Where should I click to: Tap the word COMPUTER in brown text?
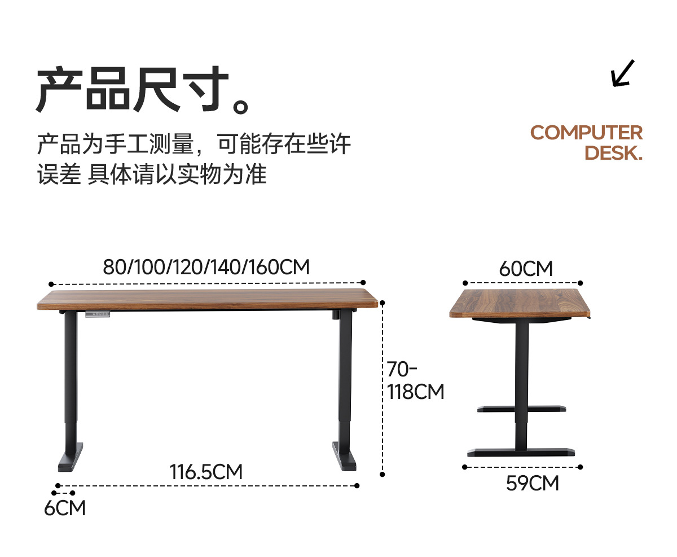[x=586, y=133]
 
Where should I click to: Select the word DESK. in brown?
[x=613, y=153]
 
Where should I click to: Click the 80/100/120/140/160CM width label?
[x=206, y=267]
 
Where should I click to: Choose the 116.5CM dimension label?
[x=206, y=472]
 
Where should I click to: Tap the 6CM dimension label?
[x=65, y=508]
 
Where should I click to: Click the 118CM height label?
[x=416, y=392]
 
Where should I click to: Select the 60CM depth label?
[x=526, y=269]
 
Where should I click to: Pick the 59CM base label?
[x=532, y=484]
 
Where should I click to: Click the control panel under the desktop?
[x=98, y=314]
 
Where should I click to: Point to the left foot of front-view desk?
[x=71, y=457]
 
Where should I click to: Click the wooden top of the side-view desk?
[x=520, y=303]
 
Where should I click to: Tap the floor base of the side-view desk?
[x=521, y=452]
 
